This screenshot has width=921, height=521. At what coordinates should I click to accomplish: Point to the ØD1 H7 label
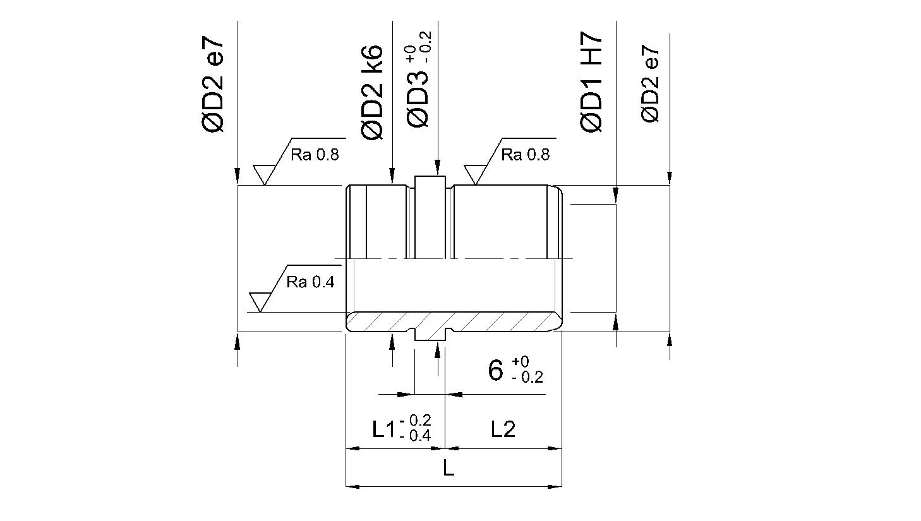click(591, 82)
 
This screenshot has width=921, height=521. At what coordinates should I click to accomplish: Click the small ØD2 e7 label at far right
click(650, 84)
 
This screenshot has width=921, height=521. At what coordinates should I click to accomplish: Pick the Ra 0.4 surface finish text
click(310, 282)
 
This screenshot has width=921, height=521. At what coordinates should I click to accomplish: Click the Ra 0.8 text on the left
click(315, 155)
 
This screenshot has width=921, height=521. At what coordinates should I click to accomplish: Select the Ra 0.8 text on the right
click(525, 155)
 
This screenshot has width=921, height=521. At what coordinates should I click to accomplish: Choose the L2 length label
click(503, 429)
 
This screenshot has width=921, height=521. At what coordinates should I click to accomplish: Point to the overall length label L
click(448, 468)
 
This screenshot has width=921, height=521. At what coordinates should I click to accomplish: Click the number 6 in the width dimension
click(495, 369)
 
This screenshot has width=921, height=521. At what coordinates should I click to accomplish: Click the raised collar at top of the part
click(430, 182)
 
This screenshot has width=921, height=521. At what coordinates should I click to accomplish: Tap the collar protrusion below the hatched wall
click(430, 336)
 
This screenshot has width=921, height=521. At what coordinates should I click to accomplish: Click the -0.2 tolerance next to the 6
click(527, 377)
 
